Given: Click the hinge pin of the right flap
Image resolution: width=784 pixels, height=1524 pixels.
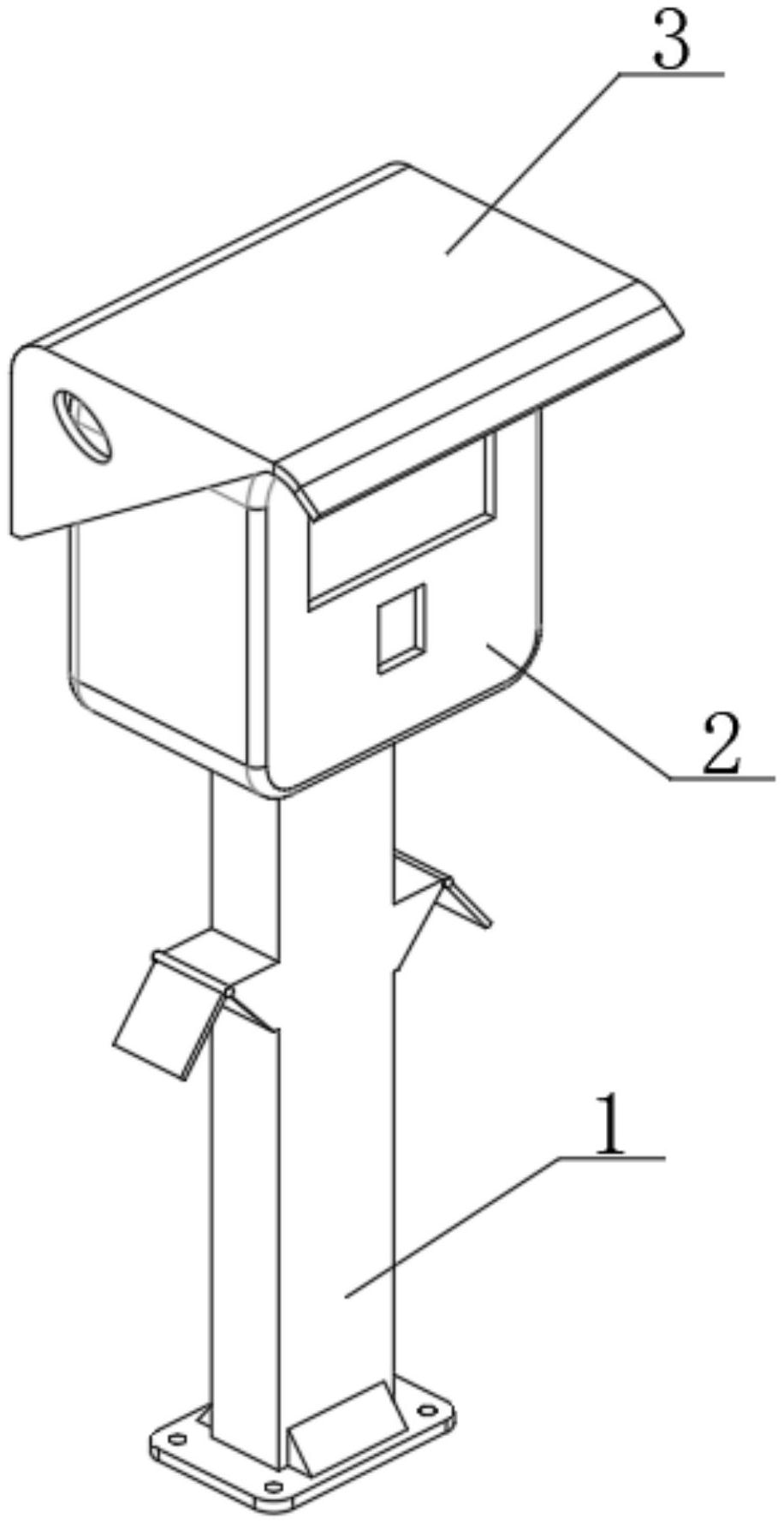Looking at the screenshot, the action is [x=445, y=882].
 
